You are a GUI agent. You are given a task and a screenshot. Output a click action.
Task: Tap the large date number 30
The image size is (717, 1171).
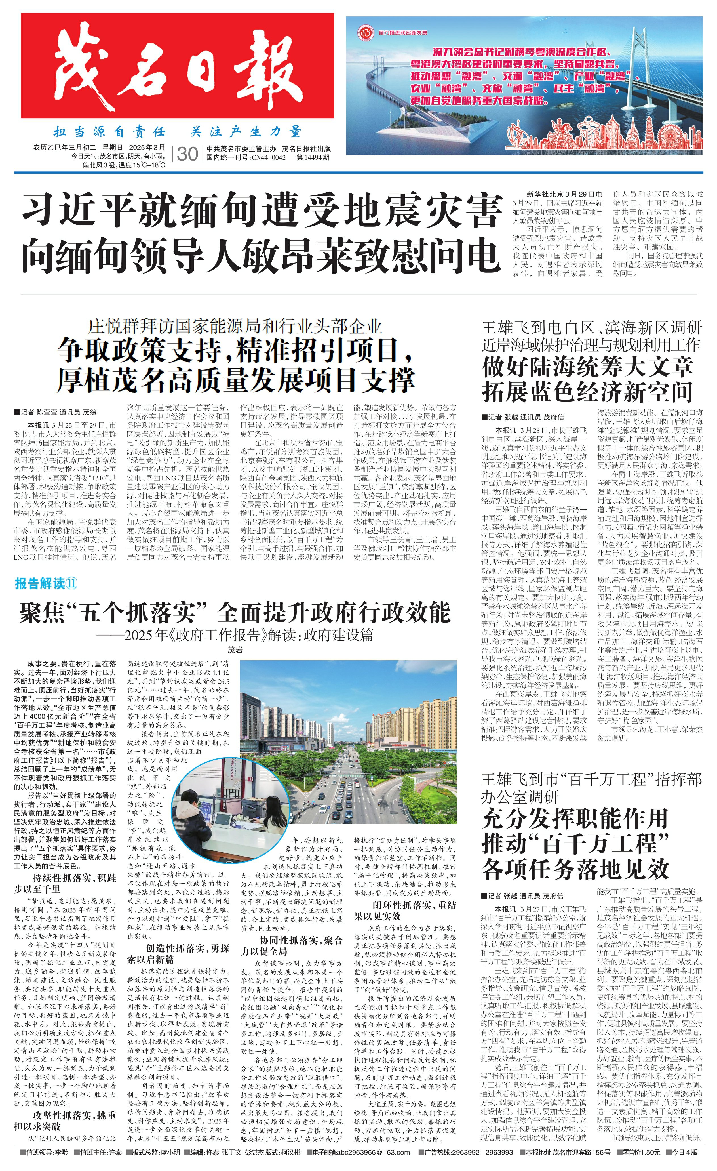(x=187, y=154)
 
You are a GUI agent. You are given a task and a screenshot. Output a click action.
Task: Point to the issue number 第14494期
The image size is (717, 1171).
(x=313, y=157)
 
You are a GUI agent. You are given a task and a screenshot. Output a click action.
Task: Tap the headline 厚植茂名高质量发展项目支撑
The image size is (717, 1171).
(x=236, y=379)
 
